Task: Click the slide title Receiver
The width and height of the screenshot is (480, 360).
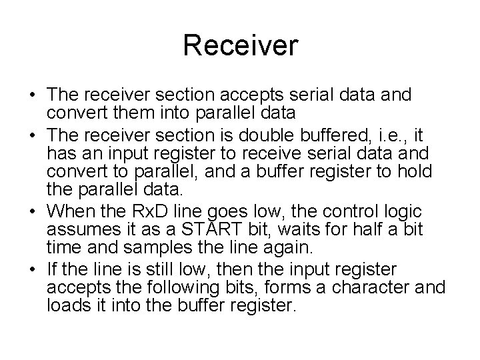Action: point(240,46)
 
